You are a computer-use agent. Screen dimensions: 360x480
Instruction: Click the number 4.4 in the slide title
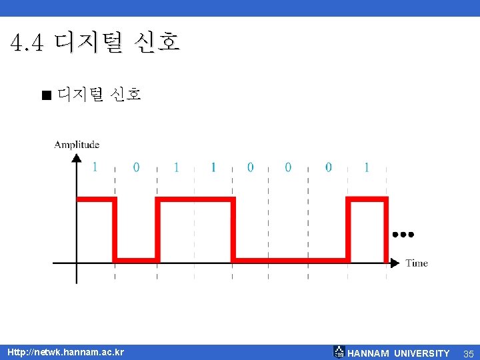(x=27, y=44)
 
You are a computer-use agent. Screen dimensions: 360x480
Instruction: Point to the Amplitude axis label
(x=77, y=144)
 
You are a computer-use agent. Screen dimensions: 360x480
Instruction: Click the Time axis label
(x=417, y=263)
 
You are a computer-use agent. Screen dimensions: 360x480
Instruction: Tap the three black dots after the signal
(x=403, y=235)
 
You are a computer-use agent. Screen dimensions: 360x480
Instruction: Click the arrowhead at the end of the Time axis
(x=395, y=263)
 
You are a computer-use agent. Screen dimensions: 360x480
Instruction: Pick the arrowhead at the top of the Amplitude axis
(x=77, y=159)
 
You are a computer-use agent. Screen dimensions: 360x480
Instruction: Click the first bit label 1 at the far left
(x=95, y=167)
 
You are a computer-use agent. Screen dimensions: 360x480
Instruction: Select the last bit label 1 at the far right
(x=366, y=167)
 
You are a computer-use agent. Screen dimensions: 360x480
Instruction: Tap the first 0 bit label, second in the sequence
(x=136, y=167)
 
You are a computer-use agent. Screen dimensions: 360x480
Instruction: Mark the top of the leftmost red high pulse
(x=96, y=199)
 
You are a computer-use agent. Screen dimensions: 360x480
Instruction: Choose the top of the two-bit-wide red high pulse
(x=195, y=199)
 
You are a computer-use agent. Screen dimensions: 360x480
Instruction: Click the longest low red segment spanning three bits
(x=291, y=259)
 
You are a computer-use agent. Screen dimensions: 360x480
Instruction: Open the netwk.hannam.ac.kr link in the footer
(x=65, y=352)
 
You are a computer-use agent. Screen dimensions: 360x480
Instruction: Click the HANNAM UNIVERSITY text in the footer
(x=399, y=353)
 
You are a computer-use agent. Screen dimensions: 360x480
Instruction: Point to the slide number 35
(x=468, y=353)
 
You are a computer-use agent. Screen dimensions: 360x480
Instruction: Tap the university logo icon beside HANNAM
(x=339, y=351)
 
